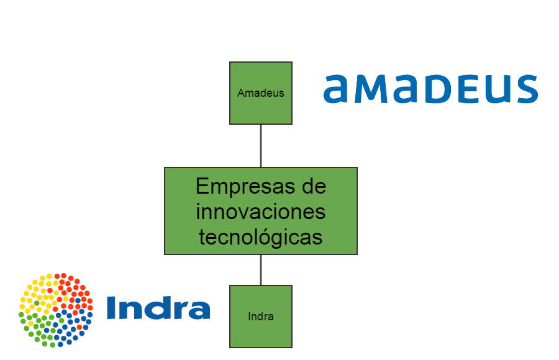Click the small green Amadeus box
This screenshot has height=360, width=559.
click(261, 109)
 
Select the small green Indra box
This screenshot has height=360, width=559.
click(261, 332)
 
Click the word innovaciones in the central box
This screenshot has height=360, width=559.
click(261, 212)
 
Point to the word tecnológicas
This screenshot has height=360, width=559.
click(261, 236)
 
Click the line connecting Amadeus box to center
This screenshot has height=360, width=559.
click(261, 146)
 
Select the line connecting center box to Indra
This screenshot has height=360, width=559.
click(261, 270)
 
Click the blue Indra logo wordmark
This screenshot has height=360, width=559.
click(158, 308)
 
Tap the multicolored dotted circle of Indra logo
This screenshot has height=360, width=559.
click(55, 310)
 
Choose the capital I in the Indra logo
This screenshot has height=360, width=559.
click(111, 308)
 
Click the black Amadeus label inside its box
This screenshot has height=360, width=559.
click(261, 93)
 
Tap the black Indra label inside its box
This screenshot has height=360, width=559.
click(261, 317)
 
